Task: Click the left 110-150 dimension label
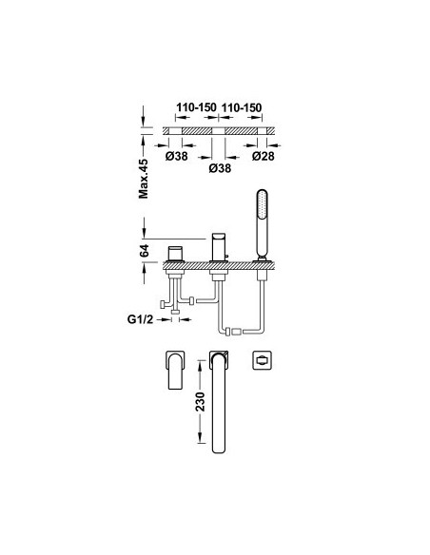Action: (x=196, y=107)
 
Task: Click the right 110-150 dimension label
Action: (x=242, y=107)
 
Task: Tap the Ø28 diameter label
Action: (x=264, y=156)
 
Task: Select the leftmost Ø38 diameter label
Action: (x=176, y=156)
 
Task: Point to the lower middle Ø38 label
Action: (x=220, y=168)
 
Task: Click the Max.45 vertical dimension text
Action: (x=144, y=179)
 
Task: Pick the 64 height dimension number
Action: (x=145, y=251)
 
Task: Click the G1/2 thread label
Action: (x=140, y=319)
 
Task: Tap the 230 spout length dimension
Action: (x=201, y=401)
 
